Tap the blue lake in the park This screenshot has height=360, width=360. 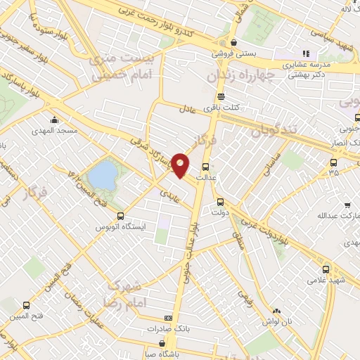[x=103, y=176]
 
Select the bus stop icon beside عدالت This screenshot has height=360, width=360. [x=205, y=167]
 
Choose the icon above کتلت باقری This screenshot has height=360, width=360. [x=221, y=96]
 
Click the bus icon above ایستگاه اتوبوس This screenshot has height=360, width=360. [x=120, y=217]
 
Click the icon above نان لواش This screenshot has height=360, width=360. [x=276, y=311]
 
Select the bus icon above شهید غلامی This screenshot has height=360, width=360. [x=326, y=269]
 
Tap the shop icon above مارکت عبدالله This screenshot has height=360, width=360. [x=347, y=206]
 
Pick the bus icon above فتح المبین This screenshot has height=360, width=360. [x=26, y=306]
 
